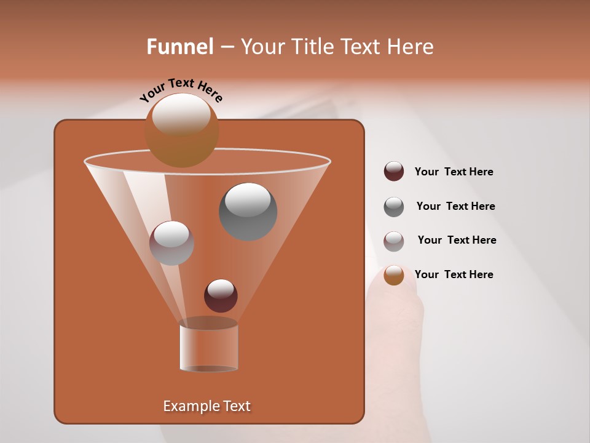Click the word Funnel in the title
(x=179, y=47)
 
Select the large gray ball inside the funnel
(x=248, y=212)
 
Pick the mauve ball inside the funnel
(x=171, y=243)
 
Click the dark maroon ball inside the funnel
(x=221, y=296)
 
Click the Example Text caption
(x=206, y=406)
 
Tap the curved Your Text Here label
(x=181, y=90)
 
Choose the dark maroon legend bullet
(x=393, y=172)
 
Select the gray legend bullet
(x=393, y=206)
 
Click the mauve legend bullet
(x=393, y=241)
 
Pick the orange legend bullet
(x=393, y=275)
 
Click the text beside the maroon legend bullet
(x=454, y=172)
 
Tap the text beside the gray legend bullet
(x=455, y=206)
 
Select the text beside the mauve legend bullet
(x=457, y=240)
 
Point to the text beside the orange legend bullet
(x=454, y=274)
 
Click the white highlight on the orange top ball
(x=181, y=114)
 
